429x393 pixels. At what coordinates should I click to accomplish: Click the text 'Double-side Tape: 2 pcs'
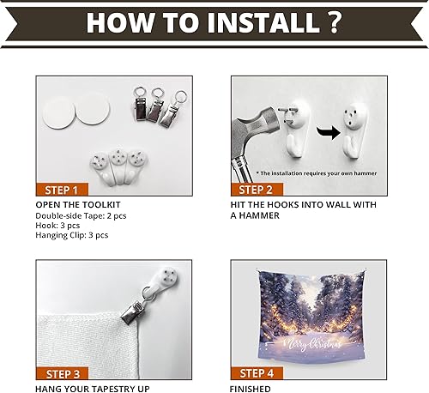pos(87,215)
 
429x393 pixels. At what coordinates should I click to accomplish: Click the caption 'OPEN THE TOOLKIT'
pos(78,205)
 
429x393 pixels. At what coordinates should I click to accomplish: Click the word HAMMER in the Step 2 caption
pos(261,216)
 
